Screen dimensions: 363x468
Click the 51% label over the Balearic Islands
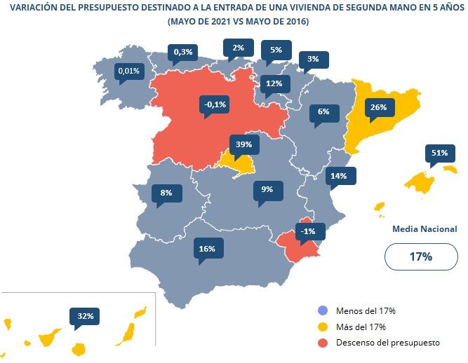pyautogui.click(x=440, y=153)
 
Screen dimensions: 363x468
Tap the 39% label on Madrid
pyautogui.click(x=244, y=144)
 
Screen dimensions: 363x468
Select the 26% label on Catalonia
pyautogui.click(x=378, y=108)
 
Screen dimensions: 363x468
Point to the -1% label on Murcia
pyautogui.click(x=307, y=231)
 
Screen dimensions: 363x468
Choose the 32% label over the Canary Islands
pyautogui.click(x=86, y=316)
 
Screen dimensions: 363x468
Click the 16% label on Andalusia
pyautogui.click(x=206, y=248)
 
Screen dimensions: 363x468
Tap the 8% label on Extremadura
pyautogui.click(x=166, y=193)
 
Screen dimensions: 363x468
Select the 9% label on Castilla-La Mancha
pyautogui.click(x=267, y=189)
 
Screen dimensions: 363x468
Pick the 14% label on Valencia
pyautogui.click(x=339, y=176)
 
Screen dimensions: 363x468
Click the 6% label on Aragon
pyautogui.click(x=323, y=112)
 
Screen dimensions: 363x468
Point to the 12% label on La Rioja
pyautogui.click(x=274, y=84)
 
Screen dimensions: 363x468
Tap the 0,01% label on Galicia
pyautogui.click(x=129, y=71)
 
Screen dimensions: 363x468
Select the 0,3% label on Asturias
pyautogui.click(x=183, y=52)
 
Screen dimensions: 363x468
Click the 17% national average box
pyautogui.click(x=420, y=256)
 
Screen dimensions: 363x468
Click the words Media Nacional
pyautogui.click(x=424, y=229)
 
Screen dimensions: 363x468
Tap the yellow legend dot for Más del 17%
pyautogui.click(x=322, y=327)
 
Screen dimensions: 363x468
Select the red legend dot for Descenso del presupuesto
pyautogui.click(x=322, y=343)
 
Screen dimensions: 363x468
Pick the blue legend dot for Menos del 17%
pyautogui.click(x=322, y=310)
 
